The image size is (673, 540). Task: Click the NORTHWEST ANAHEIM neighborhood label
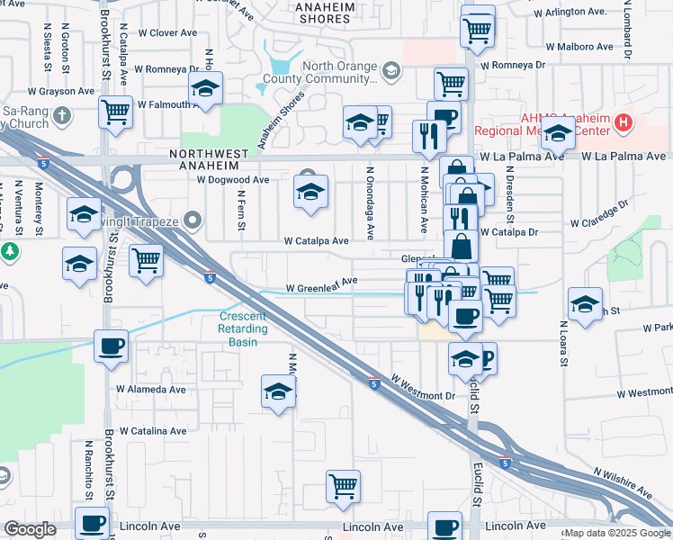(204, 159)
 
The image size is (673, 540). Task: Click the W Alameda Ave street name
(151, 390)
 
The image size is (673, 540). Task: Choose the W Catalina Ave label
(154, 432)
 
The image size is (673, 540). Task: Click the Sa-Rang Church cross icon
(61, 116)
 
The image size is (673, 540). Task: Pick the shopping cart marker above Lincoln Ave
(343, 487)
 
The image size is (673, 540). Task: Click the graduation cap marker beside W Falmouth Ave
(205, 90)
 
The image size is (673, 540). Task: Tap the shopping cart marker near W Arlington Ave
(477, 30)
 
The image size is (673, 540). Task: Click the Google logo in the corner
(30, 529)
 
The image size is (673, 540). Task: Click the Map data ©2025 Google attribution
(616, 533)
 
